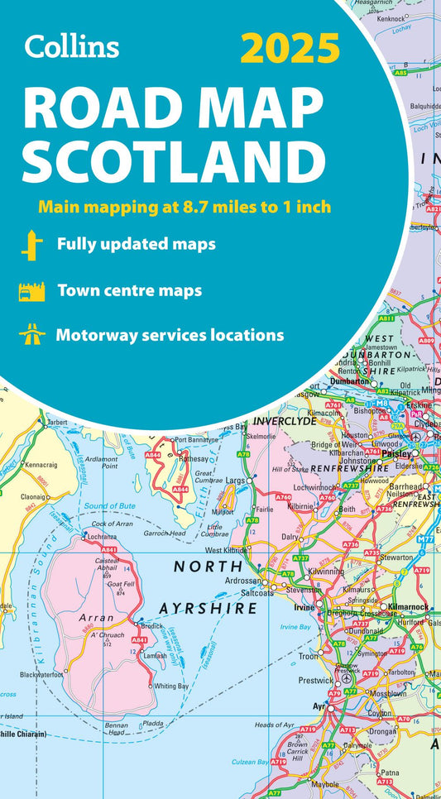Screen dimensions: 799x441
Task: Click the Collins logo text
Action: point(72,46)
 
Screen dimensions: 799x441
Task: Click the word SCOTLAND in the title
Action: point(173,160)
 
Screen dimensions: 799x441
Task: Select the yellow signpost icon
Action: point(31,245)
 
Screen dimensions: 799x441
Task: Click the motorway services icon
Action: point(31,336)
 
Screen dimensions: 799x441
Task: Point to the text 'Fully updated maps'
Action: point(137,245)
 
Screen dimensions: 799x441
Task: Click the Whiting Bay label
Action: point(172,686)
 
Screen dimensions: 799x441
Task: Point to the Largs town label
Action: point(232,479)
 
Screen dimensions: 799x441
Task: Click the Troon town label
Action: point(307,657)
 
